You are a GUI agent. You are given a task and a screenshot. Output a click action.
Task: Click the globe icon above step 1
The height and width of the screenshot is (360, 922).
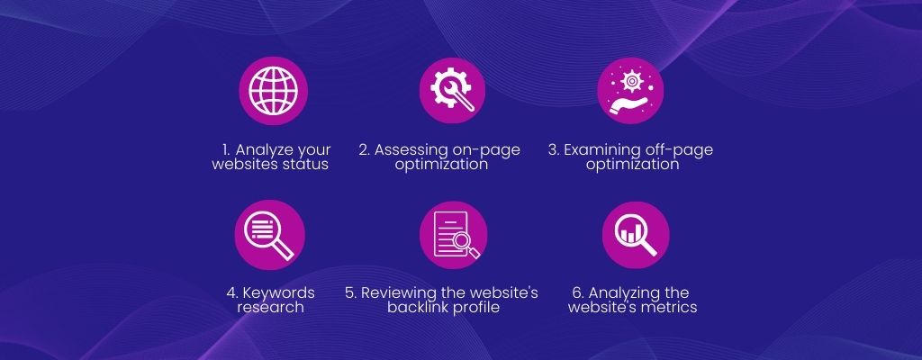273,91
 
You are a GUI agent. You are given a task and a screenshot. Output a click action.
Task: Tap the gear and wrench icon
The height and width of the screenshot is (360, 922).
452,90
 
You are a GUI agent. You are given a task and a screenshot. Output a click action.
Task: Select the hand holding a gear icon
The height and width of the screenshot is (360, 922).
630,91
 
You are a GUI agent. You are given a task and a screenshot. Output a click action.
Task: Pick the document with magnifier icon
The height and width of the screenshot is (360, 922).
454,235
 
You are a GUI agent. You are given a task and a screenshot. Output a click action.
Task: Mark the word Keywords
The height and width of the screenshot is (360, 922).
279,292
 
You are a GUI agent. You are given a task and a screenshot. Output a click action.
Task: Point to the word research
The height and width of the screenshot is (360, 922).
270,307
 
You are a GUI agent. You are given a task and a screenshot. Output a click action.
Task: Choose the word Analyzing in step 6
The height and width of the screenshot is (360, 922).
619,292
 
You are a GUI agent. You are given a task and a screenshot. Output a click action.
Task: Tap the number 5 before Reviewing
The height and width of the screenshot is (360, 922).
350,292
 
